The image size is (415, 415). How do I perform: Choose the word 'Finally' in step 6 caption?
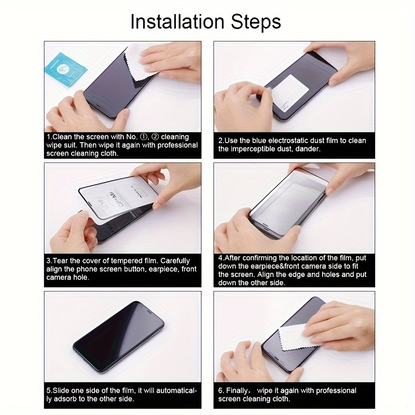click(242, 391)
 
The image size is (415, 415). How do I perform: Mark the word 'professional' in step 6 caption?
click(336, 391)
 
